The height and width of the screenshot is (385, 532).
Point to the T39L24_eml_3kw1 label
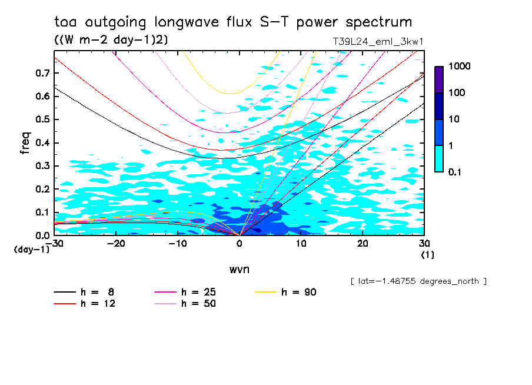tap(378, 41)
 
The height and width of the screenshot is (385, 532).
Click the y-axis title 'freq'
tap(25, 143)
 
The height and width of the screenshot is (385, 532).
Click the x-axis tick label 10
tap(301, 244)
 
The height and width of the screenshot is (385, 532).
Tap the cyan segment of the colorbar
tap(439, 158)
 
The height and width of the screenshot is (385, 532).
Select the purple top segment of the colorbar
tap(439, 79)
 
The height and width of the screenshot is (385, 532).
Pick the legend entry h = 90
tap(298, 292)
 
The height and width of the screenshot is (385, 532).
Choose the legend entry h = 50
tap(198, 304)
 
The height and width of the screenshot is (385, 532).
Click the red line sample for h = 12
tap(65, 304)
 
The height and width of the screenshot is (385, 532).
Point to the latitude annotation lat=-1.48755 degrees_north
tap(418, 281)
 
